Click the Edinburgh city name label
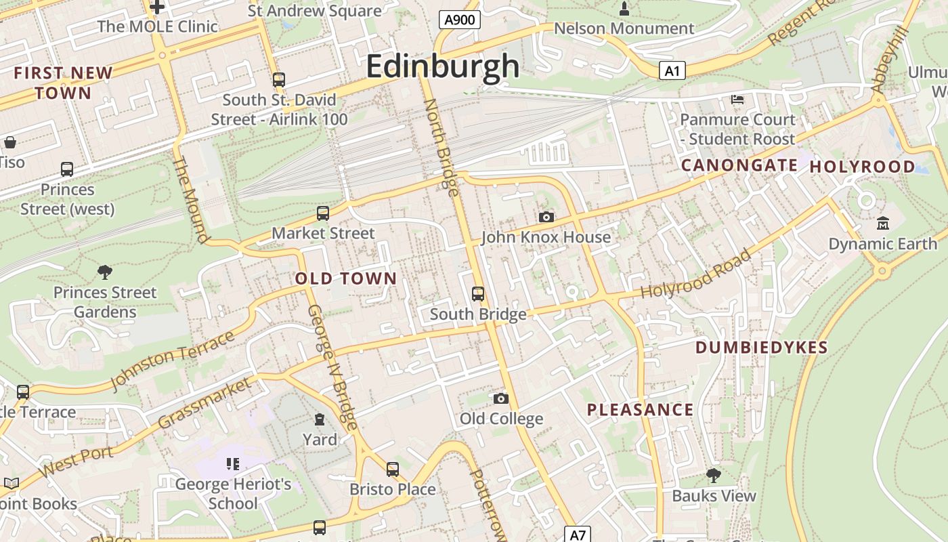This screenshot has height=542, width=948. [443, 67]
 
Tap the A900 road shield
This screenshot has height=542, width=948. [459, 20]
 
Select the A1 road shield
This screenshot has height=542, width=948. [672, 70]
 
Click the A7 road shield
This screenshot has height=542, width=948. [577, 535]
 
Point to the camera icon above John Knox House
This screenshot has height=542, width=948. [546, 217]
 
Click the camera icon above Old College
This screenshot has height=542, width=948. [501, 398]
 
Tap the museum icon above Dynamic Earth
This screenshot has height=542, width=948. [883, 223]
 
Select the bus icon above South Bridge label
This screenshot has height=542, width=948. [478, 293]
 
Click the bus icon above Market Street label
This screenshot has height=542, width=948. [323, 213]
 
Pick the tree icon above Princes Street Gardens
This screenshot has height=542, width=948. [105, 272]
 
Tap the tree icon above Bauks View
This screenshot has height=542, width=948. [713, 475]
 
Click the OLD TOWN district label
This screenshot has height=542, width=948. [346, 278]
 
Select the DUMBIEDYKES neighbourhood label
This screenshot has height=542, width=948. [762, 348]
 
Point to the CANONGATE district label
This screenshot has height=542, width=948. [739, 165]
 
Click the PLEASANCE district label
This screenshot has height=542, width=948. [640, 409]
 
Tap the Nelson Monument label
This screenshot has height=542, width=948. [624, 28]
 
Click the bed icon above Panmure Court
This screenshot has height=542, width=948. [737, 100]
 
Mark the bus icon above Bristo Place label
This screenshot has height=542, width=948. [393, 469]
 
